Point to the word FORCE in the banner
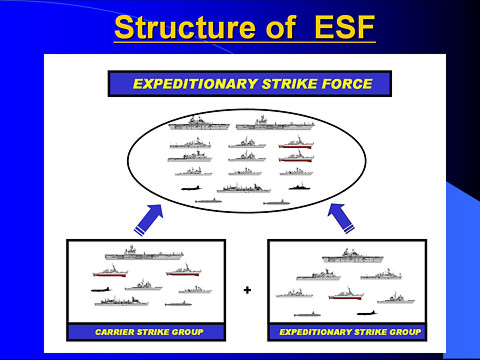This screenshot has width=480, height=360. click(343, 83)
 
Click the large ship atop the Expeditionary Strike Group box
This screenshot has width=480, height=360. click(347, 255)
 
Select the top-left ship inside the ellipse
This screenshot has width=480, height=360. click(200, 125)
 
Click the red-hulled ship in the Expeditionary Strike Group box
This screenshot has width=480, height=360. click(345, 294)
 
